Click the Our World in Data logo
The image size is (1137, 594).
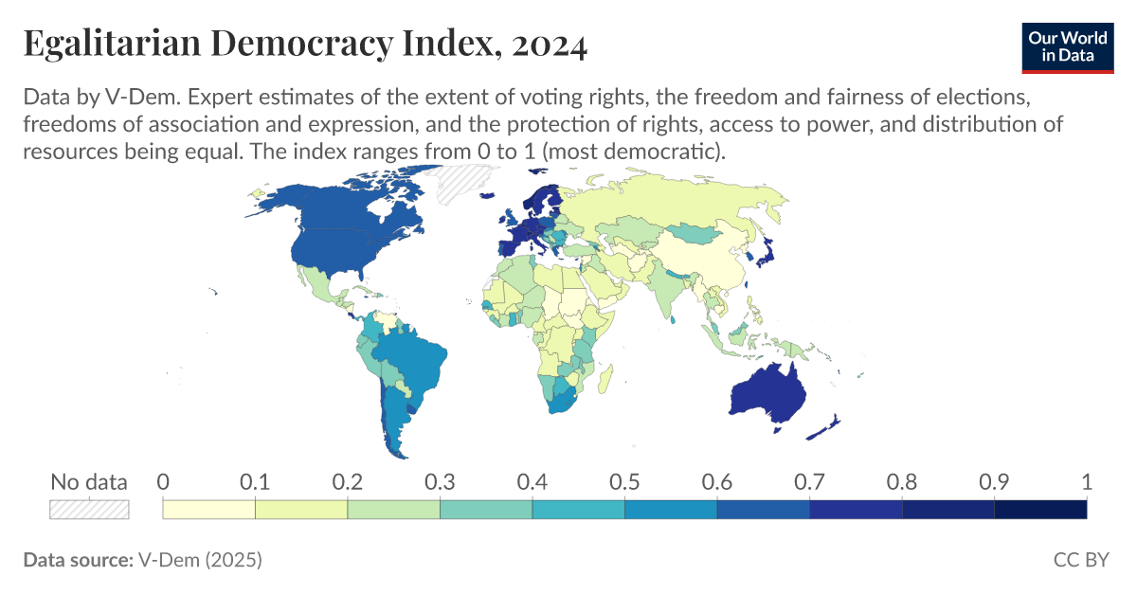click(x=1068, y=45)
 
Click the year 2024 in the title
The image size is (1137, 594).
click(x=549, y=44)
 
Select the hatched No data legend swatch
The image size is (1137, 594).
click(x=89, y=509)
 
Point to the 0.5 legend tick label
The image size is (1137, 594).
click(x=624, y=481)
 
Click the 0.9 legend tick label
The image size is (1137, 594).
click(x=994, y=481)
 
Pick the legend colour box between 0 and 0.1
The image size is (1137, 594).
click(x=209, y=509)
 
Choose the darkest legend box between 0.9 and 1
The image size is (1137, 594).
click(x=1040, y=509)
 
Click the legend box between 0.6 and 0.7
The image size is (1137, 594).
click(x=763, y=509)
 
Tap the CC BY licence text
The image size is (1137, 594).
click(x=1080, y=560)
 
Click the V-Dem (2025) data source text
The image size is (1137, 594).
click(x=200, y=560)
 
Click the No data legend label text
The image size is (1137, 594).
click(x=89, y=481)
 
